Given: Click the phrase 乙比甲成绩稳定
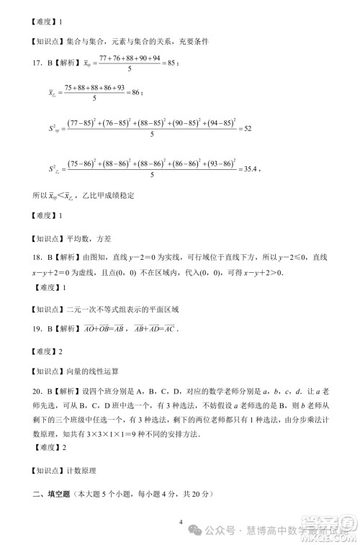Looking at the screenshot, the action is [110, 196].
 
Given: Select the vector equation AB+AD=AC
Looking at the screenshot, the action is [151, 330].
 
